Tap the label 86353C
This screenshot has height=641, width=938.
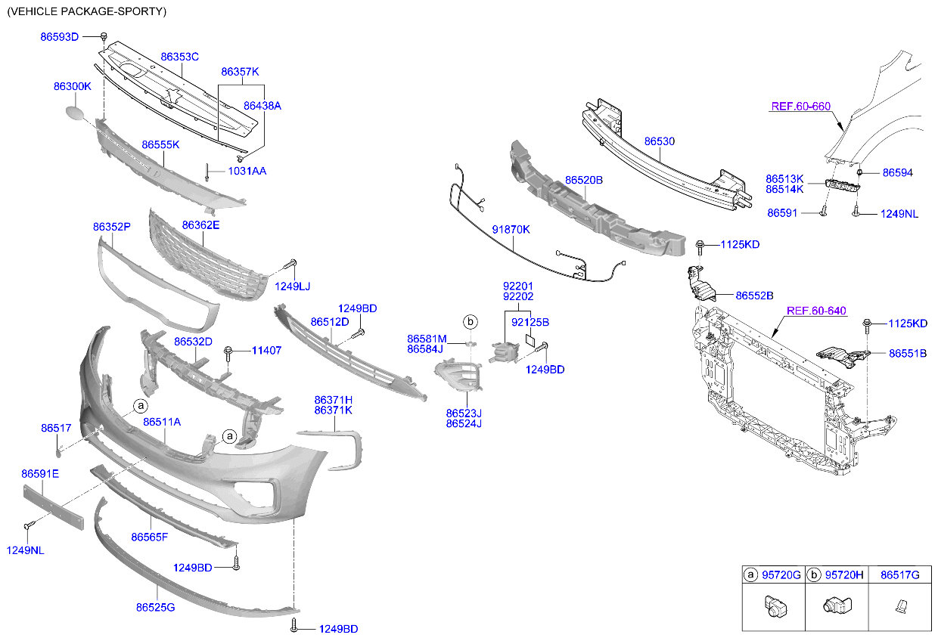coord(179,57)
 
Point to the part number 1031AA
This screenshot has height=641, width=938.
coord(247,172)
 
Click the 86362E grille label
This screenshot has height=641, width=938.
coord(200,225)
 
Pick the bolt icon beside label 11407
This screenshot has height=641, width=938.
coord(228,351)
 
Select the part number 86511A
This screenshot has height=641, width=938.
coord(162,422)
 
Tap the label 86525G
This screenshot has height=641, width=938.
coord(156,607)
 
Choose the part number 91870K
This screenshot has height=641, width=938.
coord(511,229)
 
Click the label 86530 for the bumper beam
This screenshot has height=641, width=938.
coord(660,141)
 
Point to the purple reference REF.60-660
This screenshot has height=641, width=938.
coord(801,107)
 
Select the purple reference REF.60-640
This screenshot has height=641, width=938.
coord(816,311)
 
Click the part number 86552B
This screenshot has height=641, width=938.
coord(754,296)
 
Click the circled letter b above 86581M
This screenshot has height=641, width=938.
coord(470,323)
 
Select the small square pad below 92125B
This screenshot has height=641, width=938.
coord(530,341)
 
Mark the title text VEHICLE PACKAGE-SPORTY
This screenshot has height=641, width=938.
coord(86,11)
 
